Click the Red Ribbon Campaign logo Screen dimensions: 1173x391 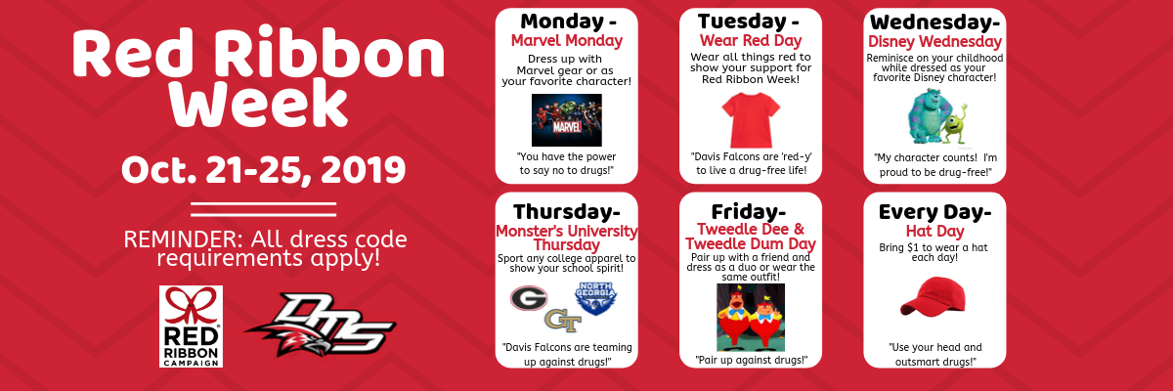(192, 326)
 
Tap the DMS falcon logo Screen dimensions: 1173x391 (321, 325)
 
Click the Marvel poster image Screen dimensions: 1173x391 (567, 120)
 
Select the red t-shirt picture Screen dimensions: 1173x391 (751, 120)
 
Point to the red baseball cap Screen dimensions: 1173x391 (933, 296)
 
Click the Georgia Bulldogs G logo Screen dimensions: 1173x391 (529, 298)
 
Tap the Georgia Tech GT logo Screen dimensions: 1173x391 (563, 321)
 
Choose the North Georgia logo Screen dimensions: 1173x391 (596, 298)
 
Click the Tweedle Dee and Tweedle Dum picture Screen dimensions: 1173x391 (751, 317)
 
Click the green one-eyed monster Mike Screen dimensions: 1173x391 (955, 124)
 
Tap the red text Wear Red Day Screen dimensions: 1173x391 (751, 40)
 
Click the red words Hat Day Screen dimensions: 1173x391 (934, 231)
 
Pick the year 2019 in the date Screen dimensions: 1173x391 (363, 170)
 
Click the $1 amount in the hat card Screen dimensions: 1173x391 (913, 247)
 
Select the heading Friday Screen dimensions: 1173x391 (744, 212)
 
